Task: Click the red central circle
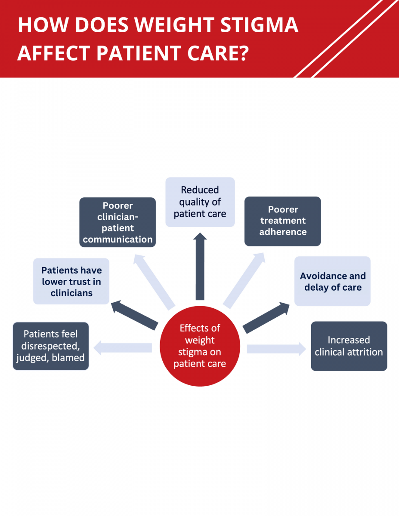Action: (x=200, y=346)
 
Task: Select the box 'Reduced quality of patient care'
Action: (x=200, y=202)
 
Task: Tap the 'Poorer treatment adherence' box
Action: (x=283, y=221)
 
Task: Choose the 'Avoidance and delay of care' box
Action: (x=332, y=281)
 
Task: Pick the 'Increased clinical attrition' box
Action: (x=349, y=346)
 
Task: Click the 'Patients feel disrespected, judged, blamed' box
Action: (x=51, y=346)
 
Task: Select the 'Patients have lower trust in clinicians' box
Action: (x=71, y=281)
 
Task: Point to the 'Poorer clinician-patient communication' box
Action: (x=118, y=222)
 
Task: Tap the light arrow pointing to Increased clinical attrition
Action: (x=276, y=348)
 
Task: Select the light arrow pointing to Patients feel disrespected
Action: (x=123, y=347)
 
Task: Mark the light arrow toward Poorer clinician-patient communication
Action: (x=154, y=281)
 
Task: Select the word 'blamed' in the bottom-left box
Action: (x=70, y=358)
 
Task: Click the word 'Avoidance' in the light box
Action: (x=319, y=276)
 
